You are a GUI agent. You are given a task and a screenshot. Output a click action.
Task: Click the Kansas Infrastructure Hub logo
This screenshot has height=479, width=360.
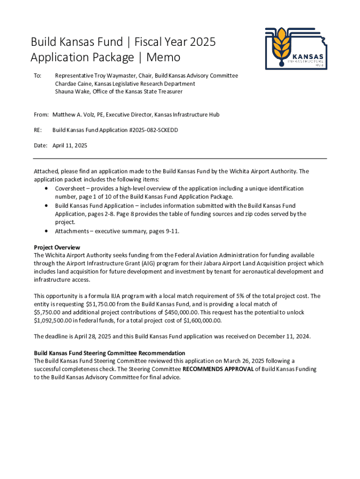[x=295, y=47]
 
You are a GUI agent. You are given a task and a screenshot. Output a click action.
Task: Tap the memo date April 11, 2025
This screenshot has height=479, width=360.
[x=70, y=145]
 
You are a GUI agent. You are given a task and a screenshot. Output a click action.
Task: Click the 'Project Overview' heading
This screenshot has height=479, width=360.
[x=57, y=247]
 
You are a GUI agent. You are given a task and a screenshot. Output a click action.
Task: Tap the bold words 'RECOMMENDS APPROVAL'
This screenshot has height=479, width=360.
[x=218, y=369]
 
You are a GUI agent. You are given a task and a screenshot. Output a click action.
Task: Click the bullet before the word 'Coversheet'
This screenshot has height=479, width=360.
[x=46, y=189]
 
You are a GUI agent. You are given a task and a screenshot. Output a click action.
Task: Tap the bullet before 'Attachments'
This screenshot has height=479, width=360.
[x=46, y=231]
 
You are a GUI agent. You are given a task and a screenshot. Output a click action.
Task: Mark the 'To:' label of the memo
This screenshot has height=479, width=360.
[x=38, y=75]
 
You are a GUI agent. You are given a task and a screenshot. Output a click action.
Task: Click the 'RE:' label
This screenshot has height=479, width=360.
[x=38, y=130]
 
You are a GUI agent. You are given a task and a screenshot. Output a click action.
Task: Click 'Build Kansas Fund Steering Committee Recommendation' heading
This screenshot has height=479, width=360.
[x=109, y=353]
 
